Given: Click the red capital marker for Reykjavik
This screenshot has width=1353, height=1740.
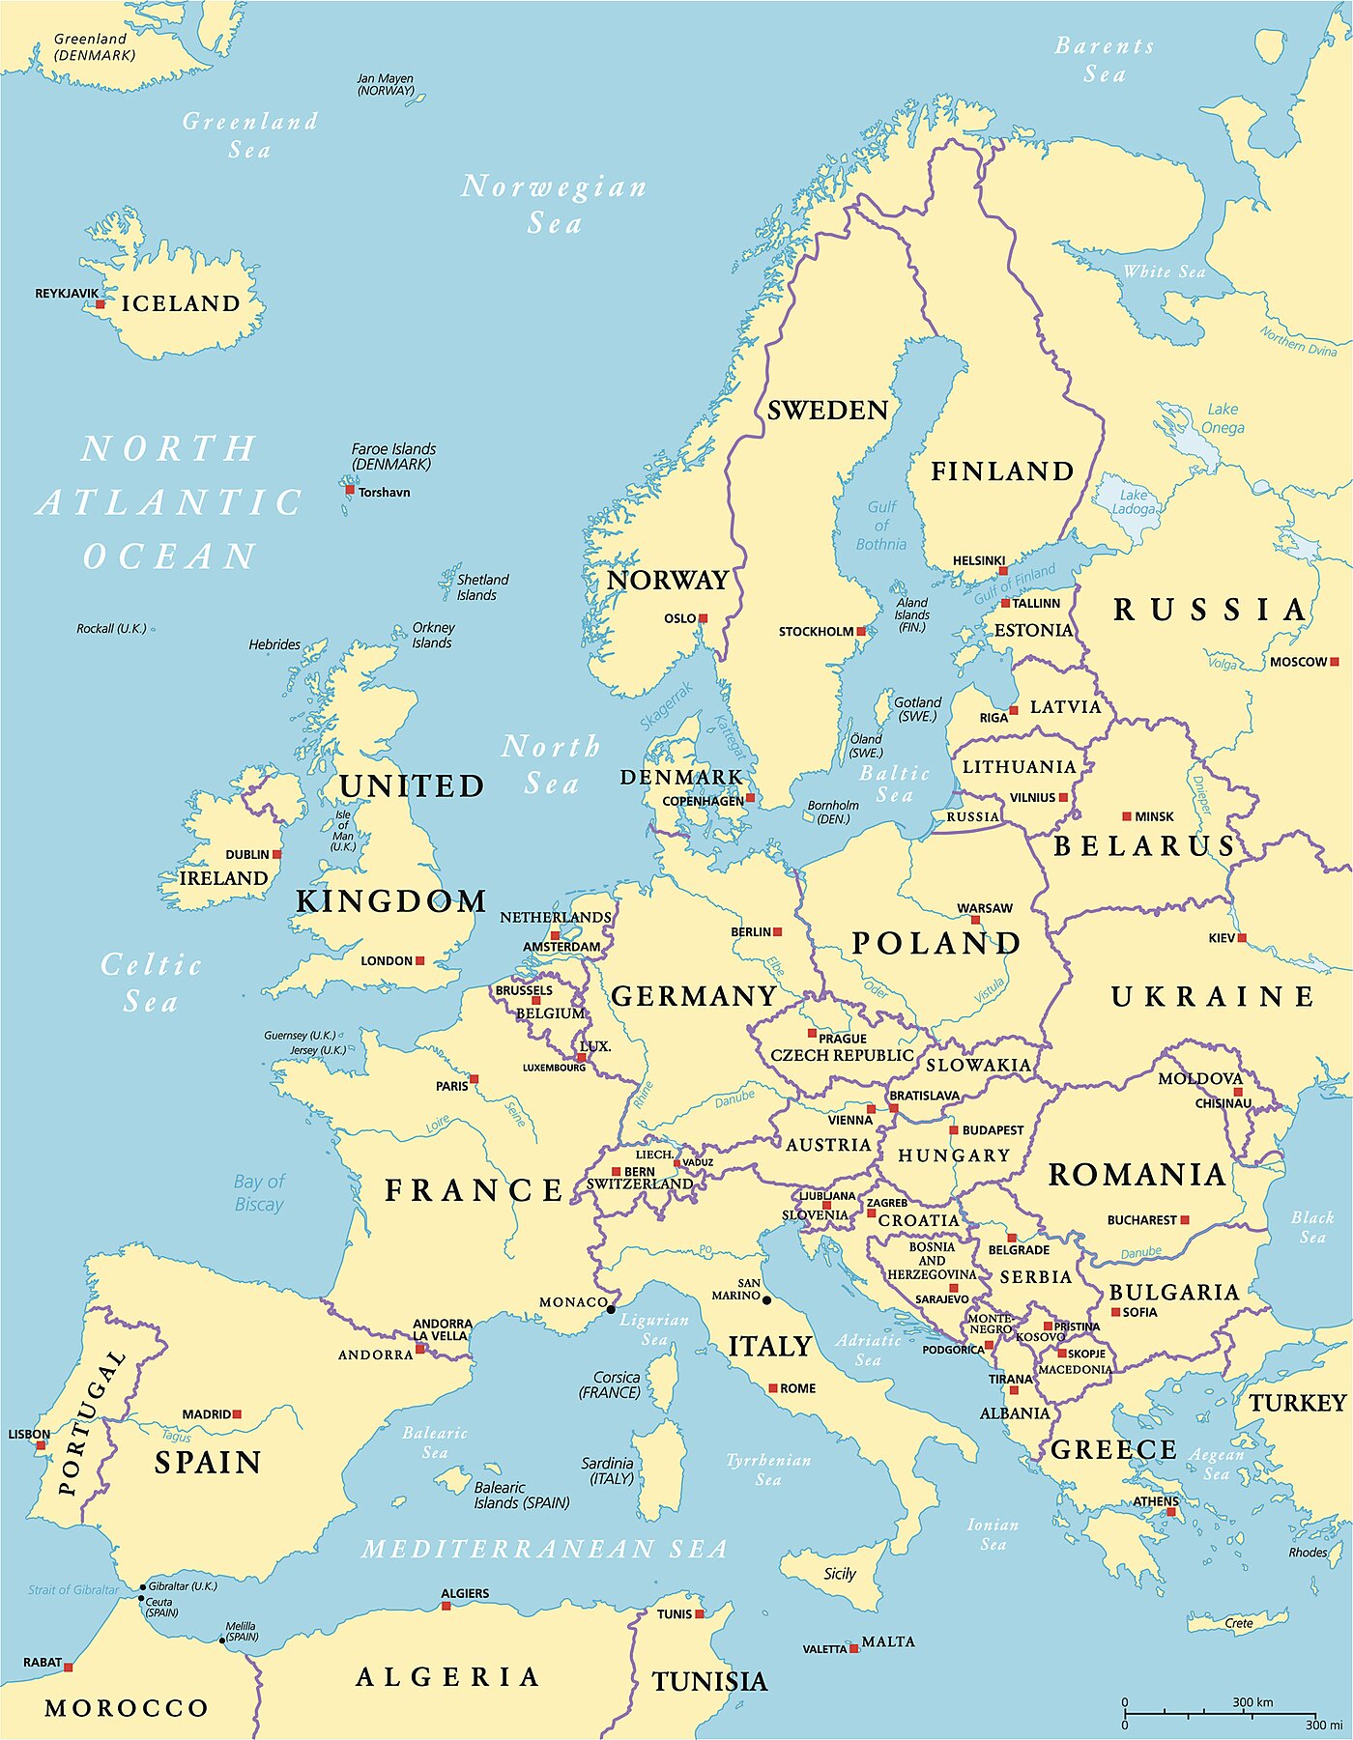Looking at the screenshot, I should click(100, 304).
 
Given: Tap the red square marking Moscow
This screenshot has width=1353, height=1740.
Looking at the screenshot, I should click(1334, 662).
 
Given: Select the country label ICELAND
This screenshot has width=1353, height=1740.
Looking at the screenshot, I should click(181, 303).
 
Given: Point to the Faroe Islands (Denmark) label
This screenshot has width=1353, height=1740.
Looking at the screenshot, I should click(393, 456).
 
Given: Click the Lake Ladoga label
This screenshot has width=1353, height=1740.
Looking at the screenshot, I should click(1133, 501).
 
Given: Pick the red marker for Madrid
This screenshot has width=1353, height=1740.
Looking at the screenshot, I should click(237, 1413).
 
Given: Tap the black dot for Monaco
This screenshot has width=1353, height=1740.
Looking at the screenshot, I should click(611, 1309).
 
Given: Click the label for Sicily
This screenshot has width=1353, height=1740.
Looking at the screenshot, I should click(839, 1573).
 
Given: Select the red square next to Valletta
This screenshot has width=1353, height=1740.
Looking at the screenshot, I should click(854, 1648).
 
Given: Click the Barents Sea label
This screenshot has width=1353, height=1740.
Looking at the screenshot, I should click(1104, 60).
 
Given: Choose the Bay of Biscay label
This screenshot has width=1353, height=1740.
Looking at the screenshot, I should click(259, 1192).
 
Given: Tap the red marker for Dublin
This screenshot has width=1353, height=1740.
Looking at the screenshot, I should click(277, 854).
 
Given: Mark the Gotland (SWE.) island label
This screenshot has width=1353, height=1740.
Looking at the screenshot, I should click(917, 709).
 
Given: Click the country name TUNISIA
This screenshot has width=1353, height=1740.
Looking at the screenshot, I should click(709, 1682).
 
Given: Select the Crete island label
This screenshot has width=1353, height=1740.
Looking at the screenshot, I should click(1239, 1622).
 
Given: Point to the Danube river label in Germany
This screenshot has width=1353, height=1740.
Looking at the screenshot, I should click(734, 1099).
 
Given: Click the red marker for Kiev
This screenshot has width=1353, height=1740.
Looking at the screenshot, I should click(1242, 938).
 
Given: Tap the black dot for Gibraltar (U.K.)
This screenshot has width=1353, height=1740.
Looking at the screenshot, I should click(143, 1586).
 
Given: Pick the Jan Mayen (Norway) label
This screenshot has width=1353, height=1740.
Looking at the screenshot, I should click(385, 84).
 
